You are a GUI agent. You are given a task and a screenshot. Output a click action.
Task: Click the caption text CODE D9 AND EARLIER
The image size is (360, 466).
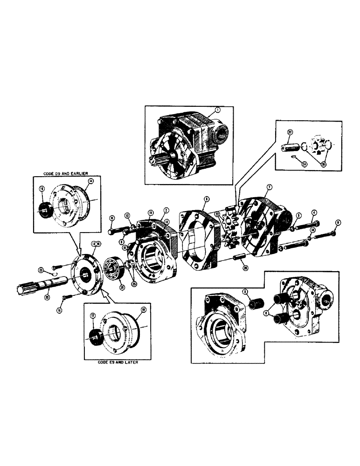(x=62, y=172)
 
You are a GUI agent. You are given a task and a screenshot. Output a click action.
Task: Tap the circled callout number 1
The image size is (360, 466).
(x=217, y=110)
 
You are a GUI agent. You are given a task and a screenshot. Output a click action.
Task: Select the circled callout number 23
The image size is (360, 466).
(x=41, y=270)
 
